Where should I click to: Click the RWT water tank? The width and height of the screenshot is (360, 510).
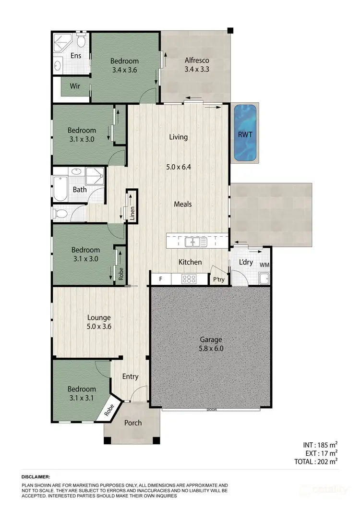pos(245,133)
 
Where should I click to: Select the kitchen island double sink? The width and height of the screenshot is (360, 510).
pos(196,242)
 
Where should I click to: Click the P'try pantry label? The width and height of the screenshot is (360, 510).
pos(218,279)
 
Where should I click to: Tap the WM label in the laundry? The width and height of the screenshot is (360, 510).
pos(264,265)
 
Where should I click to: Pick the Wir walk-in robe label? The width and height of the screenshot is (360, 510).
pos(75,86)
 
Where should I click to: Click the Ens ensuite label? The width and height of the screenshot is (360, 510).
pos(76,56)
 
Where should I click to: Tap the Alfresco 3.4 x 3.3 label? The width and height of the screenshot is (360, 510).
pos(197,65)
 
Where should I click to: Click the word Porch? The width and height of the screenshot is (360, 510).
pos(133,423)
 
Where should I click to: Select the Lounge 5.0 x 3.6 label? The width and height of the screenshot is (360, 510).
pos(99,322)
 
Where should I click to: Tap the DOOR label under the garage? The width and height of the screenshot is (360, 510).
pos(211,410)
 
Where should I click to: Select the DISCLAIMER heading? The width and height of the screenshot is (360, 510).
pos(36,477)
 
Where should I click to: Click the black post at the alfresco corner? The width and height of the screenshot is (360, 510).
pos(231,31)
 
